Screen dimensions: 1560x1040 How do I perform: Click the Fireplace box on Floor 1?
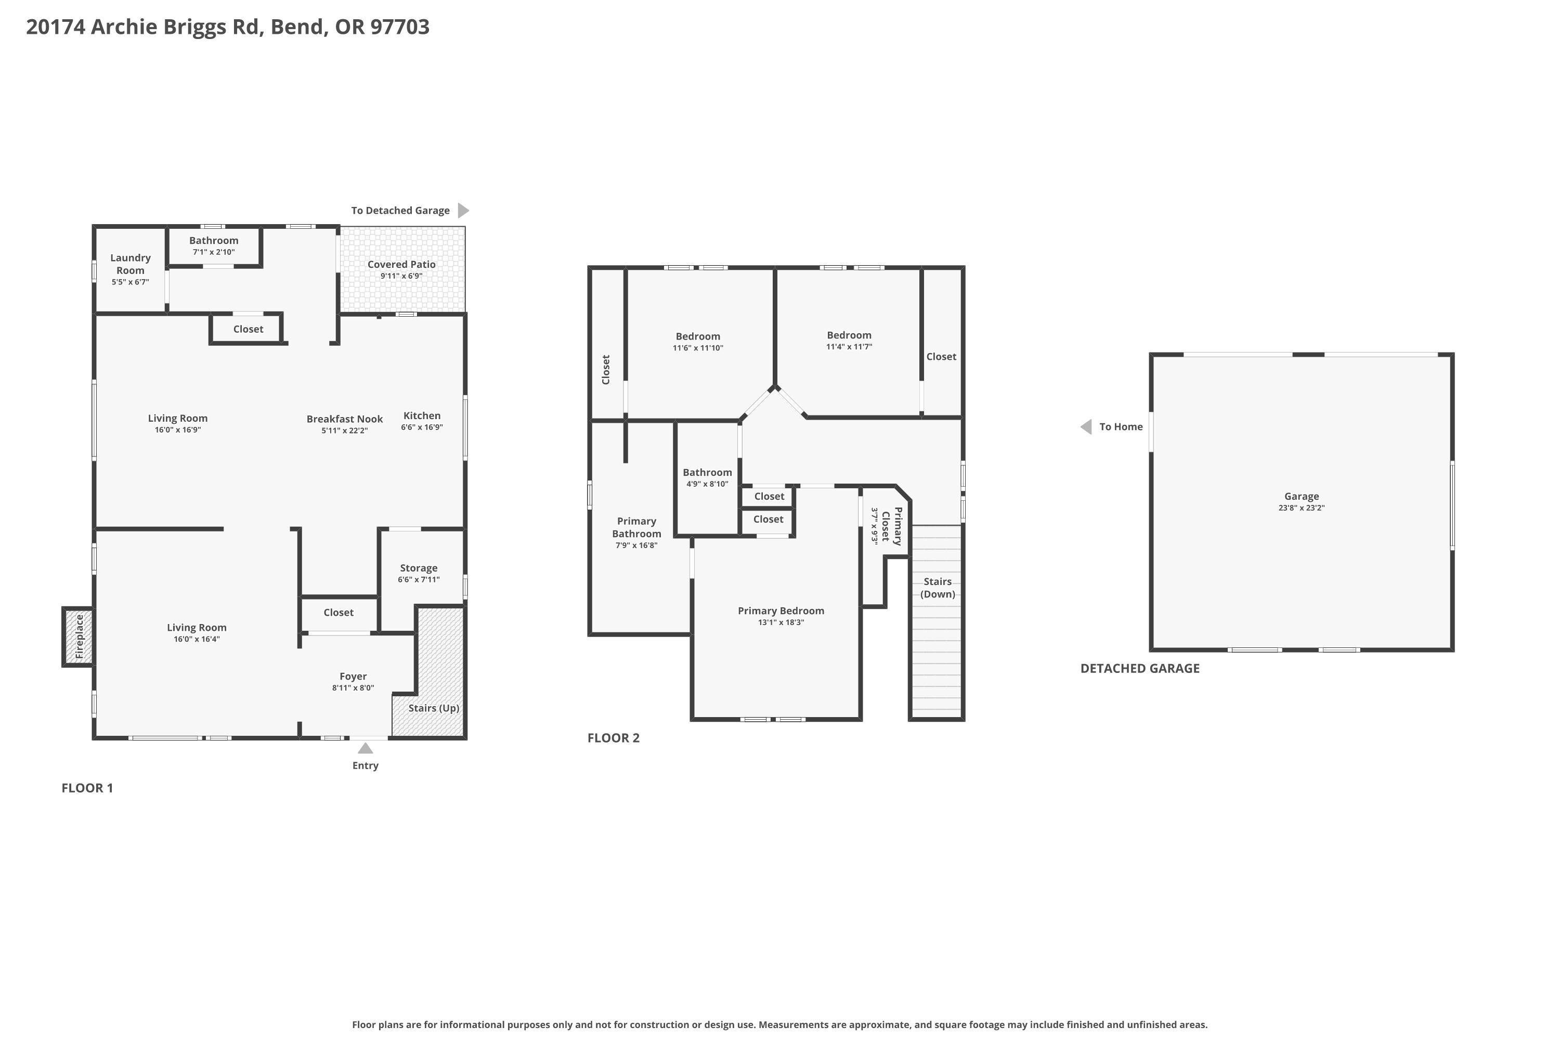[79, 636]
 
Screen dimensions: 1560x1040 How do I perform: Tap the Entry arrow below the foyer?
[366, 748]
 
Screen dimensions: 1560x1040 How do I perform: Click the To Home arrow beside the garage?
[1086, 426]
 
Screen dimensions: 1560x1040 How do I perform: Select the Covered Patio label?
[401, 264]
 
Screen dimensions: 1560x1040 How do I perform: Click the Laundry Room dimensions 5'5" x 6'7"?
[131, 282]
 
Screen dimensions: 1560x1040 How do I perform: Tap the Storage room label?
[419, 568]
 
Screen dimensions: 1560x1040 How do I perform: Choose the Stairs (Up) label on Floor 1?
[434, 708]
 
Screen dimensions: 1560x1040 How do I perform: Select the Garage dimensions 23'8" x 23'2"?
[1302, 508]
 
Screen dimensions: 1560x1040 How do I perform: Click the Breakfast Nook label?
[345, 419]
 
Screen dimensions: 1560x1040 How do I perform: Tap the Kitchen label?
[422, 415]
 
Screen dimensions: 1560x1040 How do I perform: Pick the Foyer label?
[353, 676]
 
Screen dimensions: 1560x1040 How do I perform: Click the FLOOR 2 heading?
[614, 737]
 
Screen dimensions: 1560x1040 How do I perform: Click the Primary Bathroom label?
[636, 527]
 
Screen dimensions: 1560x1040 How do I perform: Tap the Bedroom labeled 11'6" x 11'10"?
[698, 336]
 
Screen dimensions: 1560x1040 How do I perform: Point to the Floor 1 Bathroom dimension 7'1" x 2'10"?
[214, 252]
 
